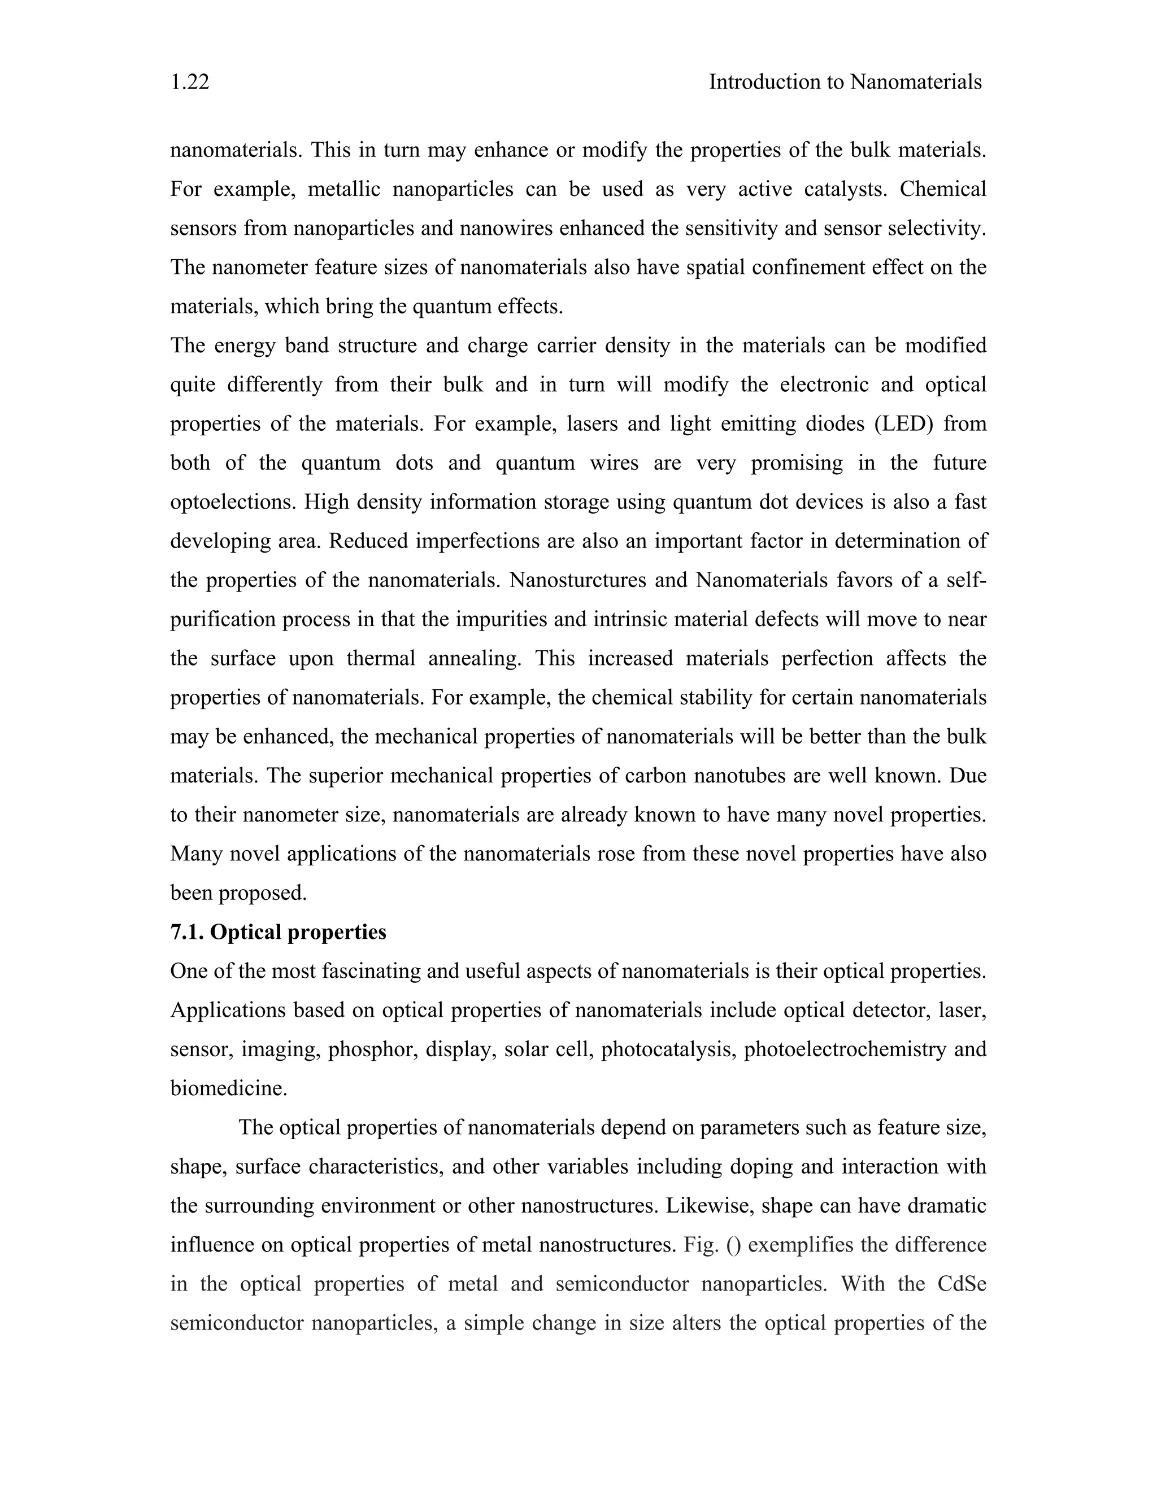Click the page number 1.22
pos(190,82)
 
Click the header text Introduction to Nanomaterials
pos(845,82)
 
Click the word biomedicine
pos(228,1089)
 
